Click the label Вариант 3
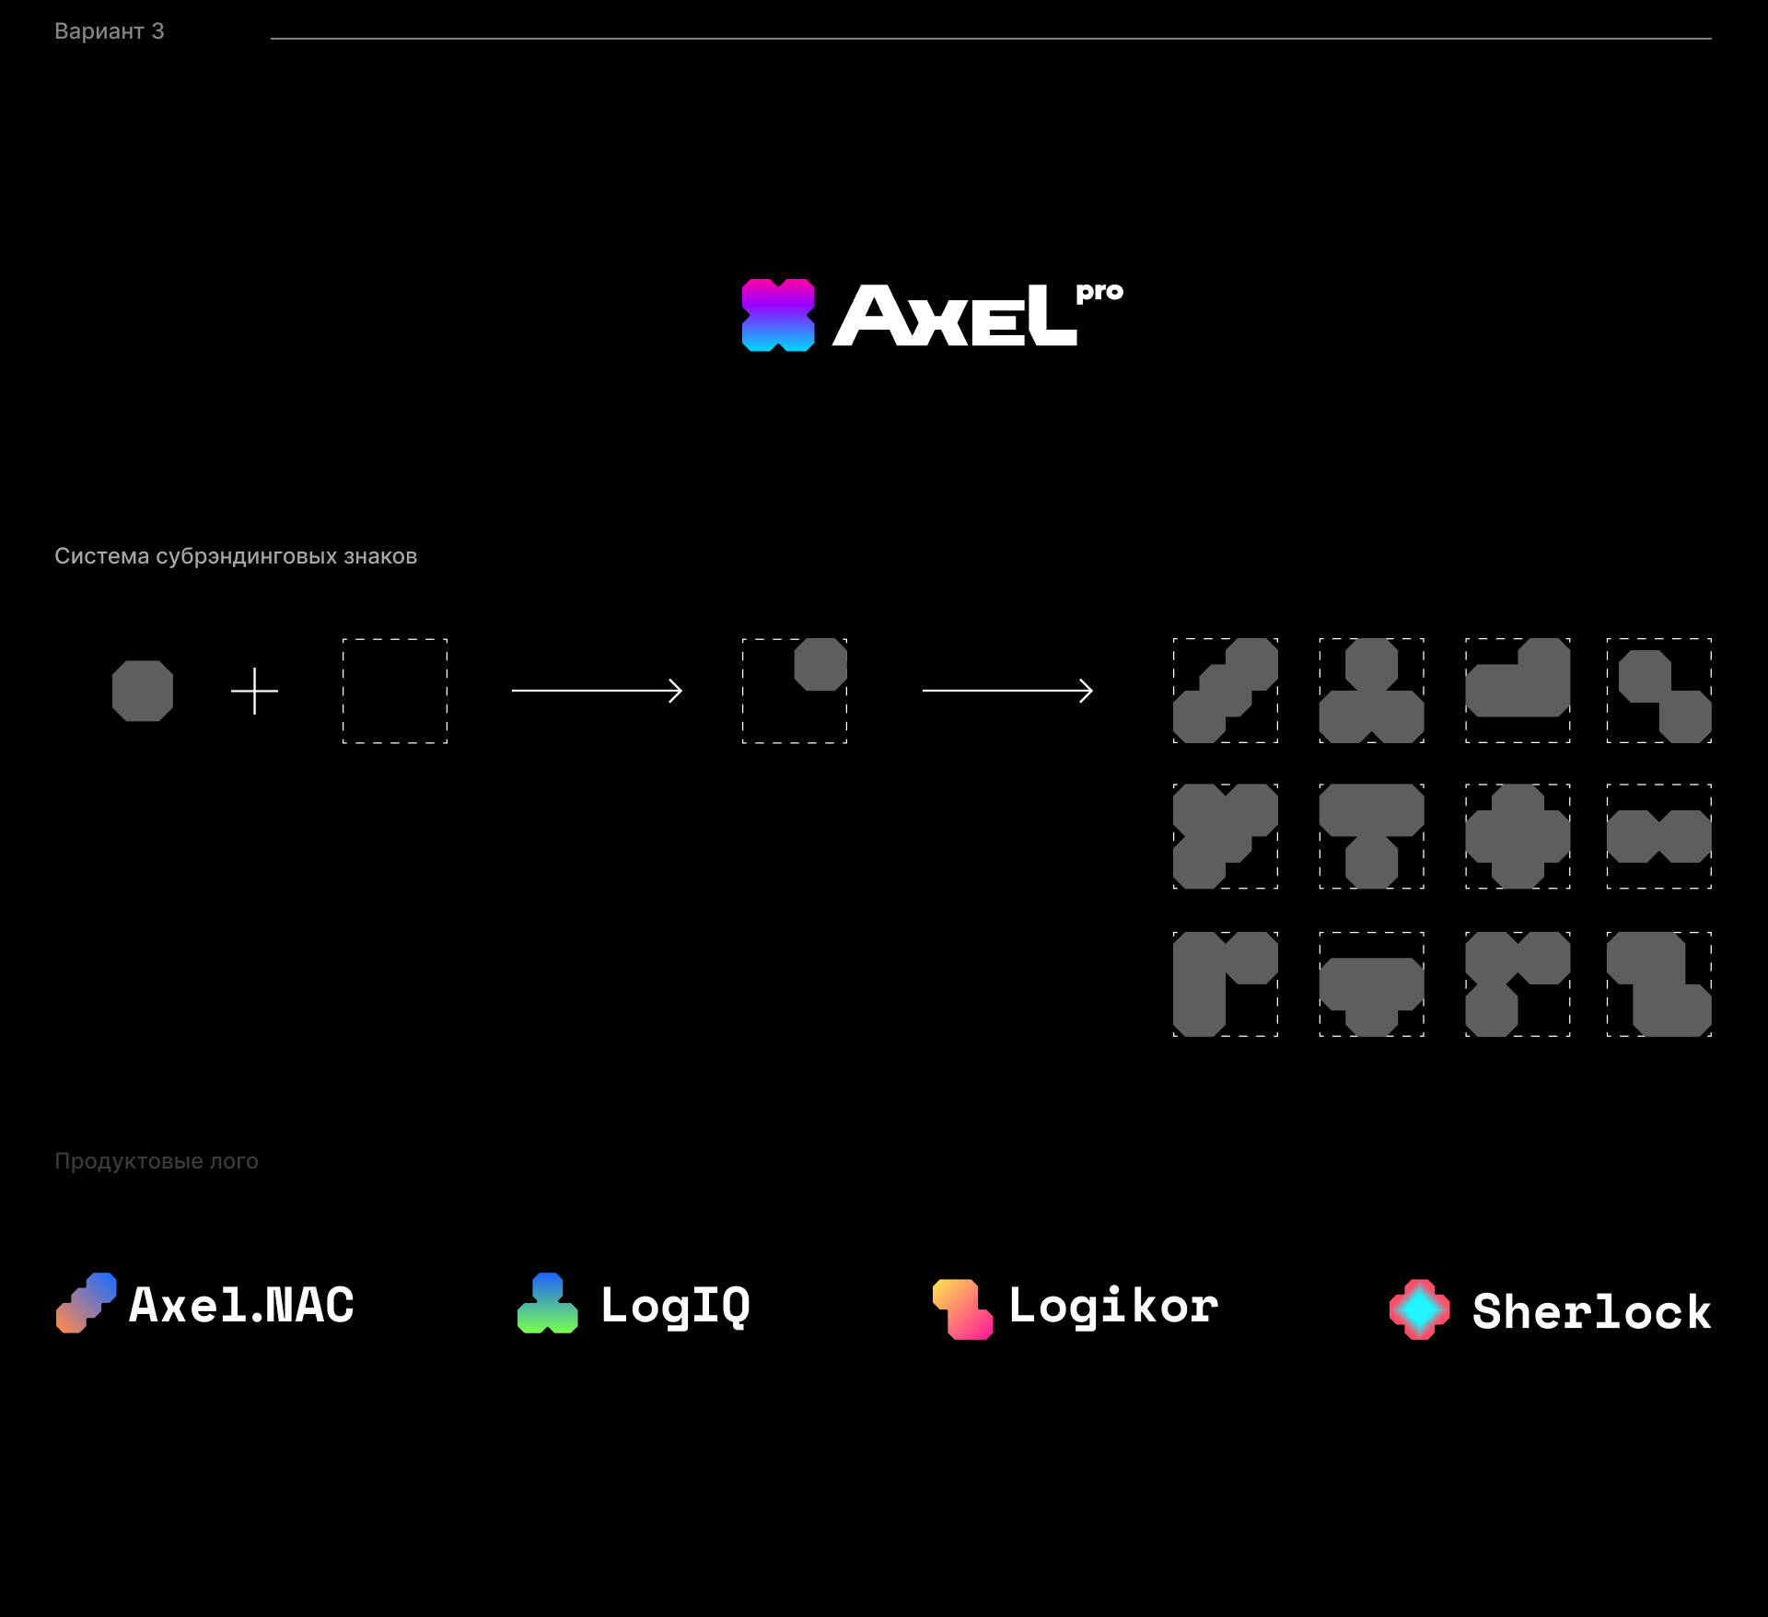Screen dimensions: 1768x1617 pyautogui.click(x=109, y=31)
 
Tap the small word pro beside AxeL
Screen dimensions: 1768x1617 pyautogui.click(x=1099, y=292)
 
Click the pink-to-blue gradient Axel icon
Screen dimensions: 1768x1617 pyautogui.click(x=778, y=315)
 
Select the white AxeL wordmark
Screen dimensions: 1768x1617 pyautogui.click(x=955, y=315)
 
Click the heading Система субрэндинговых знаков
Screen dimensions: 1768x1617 pyautogui.click(x=236, y=556)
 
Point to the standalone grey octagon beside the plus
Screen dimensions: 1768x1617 pyautogui.click(x=143, y=691)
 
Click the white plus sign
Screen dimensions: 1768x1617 pyautogui.click(x=254, y=691)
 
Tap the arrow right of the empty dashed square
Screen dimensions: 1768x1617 pyautogui.click(x=597, y=691)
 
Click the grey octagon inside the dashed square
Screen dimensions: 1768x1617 pyautogui.click(x=820, y=665)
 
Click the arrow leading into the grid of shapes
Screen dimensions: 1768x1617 pyautogui.click(x=1007, y=691)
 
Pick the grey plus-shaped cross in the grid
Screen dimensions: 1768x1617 pyautogui.click(x=1518, y=836)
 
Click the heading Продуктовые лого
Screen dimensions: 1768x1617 pyautogui.click(x=157, y=1161)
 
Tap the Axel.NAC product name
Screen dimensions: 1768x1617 pyautogui.click(x=241, y=1305)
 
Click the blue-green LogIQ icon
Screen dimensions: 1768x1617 pyautogui.click(x=548, y=1303)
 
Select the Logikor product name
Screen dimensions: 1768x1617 pyautogui.click(x=1113, y=1307)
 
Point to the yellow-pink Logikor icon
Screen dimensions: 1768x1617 pyautogui.click(x=963, y=1309)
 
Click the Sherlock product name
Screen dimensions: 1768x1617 pyautogui.click(x=1591, y=1310)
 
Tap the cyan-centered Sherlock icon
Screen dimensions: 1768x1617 pyautogui.click(x=1420, y=1309)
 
